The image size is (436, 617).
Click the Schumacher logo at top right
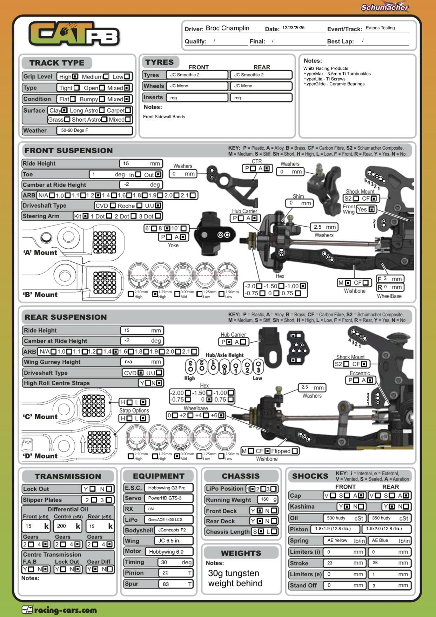(x=385, y=7)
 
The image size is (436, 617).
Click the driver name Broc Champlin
(x=227, y=28)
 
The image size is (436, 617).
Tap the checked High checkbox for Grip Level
(x=75, y=76)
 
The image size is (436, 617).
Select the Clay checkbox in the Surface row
(x=65, y=110)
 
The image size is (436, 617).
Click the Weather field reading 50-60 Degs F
(x=94, y=130)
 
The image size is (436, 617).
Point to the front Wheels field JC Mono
(x=198, y=86)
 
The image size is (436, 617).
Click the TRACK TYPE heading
(x=57, y=63)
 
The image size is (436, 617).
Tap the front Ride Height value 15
(x=141, y=163)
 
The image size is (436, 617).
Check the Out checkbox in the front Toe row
(x=158, y=174)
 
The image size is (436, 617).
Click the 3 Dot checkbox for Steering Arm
(x=158, y=216)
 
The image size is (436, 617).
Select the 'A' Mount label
(x=40, y=253)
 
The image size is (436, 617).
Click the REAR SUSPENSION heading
(x=66, y=317)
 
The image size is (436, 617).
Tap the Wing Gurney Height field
(x=142, y=362)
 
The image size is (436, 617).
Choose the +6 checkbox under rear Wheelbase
(x=221, y=416)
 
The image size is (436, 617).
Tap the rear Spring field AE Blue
(x=389, y=541)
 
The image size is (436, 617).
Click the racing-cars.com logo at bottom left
(x=59, y=610)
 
